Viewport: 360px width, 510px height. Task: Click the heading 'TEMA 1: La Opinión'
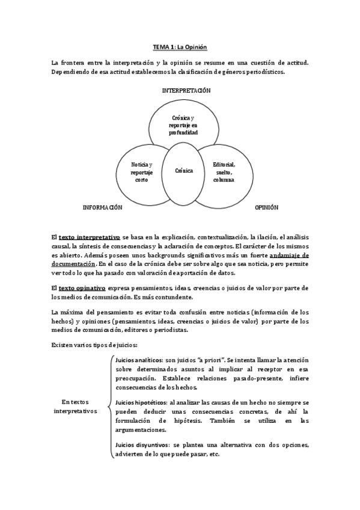[x=180, y=46]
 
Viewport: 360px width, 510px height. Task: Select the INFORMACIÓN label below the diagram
[x=102, y=207]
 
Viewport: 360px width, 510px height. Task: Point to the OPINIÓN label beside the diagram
[x=266, y=207]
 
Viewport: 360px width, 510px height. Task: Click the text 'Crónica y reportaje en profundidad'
[x=183, y=124]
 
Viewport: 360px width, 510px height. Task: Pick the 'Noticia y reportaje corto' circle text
[x=142, y=171]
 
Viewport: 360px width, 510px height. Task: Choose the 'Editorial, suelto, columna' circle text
[x=224, y=171]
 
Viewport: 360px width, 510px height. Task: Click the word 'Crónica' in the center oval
[x=184, y=171]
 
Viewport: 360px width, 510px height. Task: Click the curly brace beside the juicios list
[x=109, y=407]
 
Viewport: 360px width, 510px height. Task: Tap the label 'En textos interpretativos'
[x=75, y=407]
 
